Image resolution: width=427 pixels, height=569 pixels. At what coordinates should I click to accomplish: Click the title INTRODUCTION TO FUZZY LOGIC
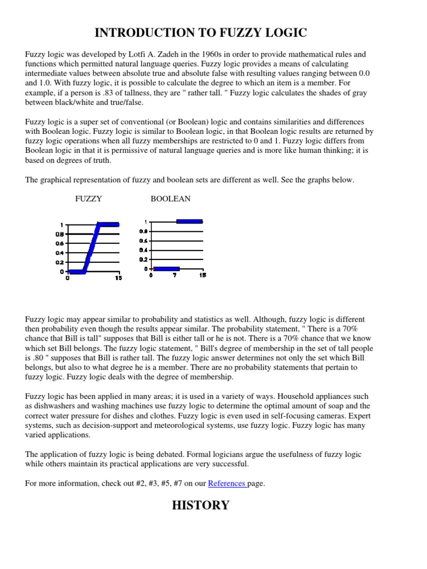point(201,33)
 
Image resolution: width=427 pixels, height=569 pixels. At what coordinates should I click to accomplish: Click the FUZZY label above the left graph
point(88,198)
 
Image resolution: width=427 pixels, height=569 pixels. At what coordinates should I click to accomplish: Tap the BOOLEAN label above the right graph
point(171,198)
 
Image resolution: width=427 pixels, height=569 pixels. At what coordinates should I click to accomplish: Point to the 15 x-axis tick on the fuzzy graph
point(118,278)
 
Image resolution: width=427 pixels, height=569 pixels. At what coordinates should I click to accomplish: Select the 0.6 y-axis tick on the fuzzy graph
point(60,243)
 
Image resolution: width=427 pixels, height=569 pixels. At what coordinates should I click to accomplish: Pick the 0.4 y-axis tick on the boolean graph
point(143,250)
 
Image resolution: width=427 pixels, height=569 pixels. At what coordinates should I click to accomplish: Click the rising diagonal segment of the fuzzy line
point(91,248)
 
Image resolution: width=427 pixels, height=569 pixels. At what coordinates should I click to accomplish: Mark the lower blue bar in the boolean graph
point(166,269)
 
